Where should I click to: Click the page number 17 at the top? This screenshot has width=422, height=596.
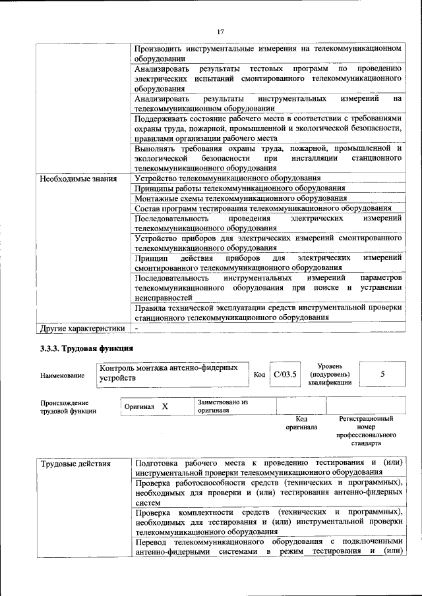click(221, 31)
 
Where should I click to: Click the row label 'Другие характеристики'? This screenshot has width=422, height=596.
click(82, 327)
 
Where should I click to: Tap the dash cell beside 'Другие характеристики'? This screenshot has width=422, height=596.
click(137, 327)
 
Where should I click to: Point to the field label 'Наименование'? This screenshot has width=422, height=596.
click(62, 375)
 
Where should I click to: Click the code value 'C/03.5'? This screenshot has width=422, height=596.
click(286, 375)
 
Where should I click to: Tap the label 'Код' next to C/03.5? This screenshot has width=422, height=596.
click(260, 375)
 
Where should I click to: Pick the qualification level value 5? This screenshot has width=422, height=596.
click(382, 374)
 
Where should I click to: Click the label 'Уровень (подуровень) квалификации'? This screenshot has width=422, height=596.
click(329, 375)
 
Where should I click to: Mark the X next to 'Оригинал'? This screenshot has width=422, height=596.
click(165, 406)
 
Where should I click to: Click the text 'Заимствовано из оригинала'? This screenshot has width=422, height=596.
click(222, 406)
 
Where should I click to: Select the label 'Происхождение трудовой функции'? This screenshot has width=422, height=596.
click(68, 407)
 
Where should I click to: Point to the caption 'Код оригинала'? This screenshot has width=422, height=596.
click(301, 423)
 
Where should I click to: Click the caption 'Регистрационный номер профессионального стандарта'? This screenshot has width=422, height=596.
click(366, 431)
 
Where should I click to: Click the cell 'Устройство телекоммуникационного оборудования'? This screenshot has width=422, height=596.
click(227, 178)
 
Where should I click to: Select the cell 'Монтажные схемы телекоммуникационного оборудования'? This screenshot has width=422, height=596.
click(240, 198)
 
